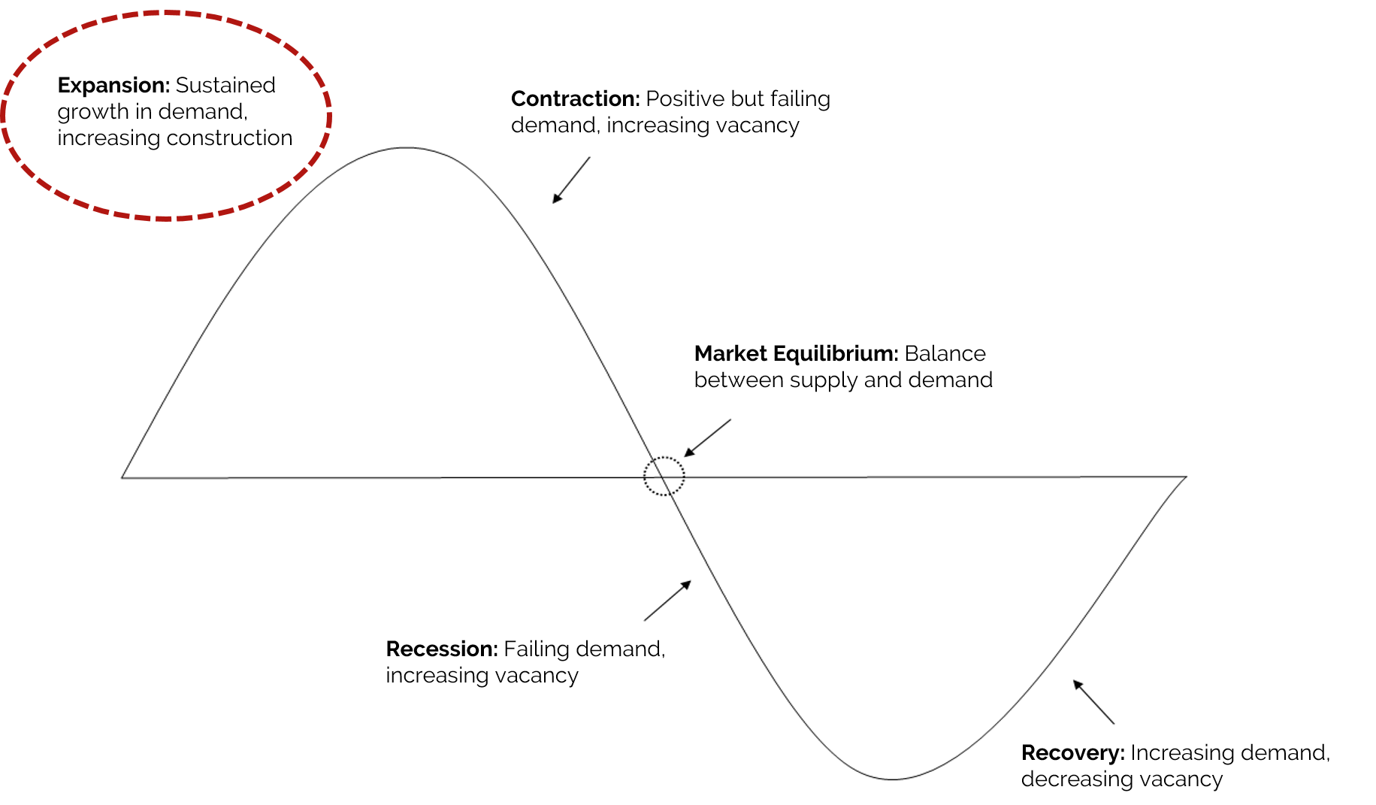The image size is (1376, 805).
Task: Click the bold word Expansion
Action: pyautogui.click(x=113, y=86)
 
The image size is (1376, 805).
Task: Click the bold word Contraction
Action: pyautogui.click(x=576, y=98)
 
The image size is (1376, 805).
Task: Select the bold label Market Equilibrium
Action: pyautogui.click(x=797, y=354)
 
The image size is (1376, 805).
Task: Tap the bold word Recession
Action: pyautogui.click(x=442, y=649)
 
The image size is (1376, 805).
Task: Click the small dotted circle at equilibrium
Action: pyautogui.click(x=664, y=457)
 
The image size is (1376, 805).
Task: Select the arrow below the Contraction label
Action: pyautogui.click(x=571, y=180)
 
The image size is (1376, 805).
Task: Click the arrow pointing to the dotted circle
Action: pyautogui.click(x=707, y=437)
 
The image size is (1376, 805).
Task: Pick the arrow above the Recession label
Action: pyautogui.click(x=667, y=601)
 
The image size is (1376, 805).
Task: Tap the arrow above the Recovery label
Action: pyautogui.click(x=1093, y=702)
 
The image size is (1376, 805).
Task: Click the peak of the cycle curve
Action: pyautogui.click(x=406, y=148)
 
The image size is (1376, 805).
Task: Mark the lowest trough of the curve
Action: pyautogui.click(x=892, y=779)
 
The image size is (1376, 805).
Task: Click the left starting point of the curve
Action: pyautogui.click(x=122, y=477)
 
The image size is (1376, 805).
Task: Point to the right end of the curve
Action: pyautogui.click(x=1186, y=477)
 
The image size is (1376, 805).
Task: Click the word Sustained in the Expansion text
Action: pyautogui.click(x=225, y=86)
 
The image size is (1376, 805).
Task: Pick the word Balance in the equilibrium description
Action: pyautogui.click(x=945, y=354)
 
